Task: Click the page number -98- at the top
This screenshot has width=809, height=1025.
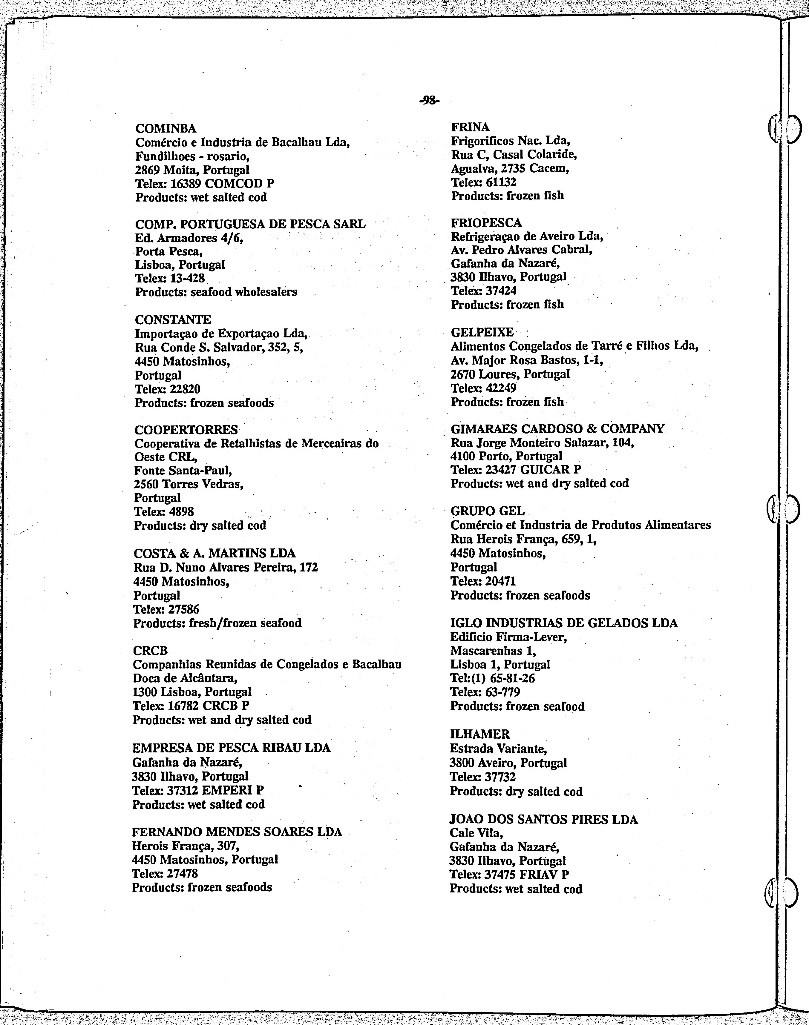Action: point(430,100)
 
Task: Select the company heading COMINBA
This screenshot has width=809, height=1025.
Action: point(166,128)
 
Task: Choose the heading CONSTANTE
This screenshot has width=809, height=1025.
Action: point(173,319)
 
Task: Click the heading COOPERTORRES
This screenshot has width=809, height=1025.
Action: point(186,430)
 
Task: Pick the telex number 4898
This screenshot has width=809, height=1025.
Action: point(181,512)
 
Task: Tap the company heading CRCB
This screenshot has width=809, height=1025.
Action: point(150,651)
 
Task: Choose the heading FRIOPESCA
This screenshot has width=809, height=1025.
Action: point(486,222)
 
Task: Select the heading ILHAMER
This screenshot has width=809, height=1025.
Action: point(479,734)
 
